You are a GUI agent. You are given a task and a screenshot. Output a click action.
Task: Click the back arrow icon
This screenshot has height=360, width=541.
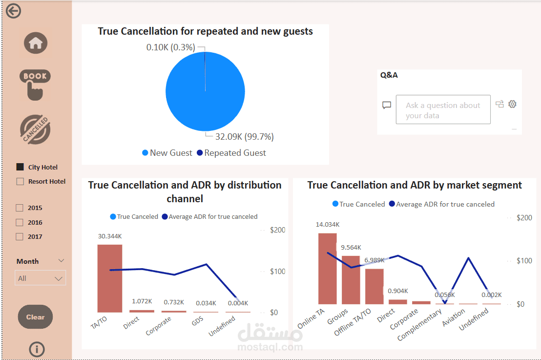pos(14,11)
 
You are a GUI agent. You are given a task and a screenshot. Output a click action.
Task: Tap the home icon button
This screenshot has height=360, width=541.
pos(36,43)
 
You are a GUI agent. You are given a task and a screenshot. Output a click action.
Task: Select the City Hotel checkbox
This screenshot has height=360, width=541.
pos(20,167)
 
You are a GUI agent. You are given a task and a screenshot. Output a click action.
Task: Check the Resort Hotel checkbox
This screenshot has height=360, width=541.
pos(20,181)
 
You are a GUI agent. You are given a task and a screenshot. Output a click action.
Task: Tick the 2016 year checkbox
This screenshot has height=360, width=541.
pos(20,222)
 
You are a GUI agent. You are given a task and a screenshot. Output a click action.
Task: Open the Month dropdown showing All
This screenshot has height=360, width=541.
pos(41,278)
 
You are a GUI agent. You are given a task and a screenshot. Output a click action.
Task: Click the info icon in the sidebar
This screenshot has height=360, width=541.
pos(37,349)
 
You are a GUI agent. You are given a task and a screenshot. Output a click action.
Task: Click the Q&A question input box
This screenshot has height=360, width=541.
pos(443,110)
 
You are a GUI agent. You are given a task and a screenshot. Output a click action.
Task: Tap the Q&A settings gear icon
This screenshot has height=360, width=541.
pos(512,104)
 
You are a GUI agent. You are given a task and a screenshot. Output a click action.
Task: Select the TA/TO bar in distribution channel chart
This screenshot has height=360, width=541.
pos(109,278)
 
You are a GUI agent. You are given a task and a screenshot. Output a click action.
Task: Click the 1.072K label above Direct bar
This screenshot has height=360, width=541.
pos(142,301)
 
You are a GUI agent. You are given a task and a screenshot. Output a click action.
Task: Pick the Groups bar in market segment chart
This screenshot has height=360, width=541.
pos(351,279)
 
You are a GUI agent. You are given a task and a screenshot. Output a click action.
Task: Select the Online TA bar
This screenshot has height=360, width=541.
pos(327,268)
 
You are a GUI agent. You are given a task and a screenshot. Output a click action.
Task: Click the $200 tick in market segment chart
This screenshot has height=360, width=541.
pos(524,217)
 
